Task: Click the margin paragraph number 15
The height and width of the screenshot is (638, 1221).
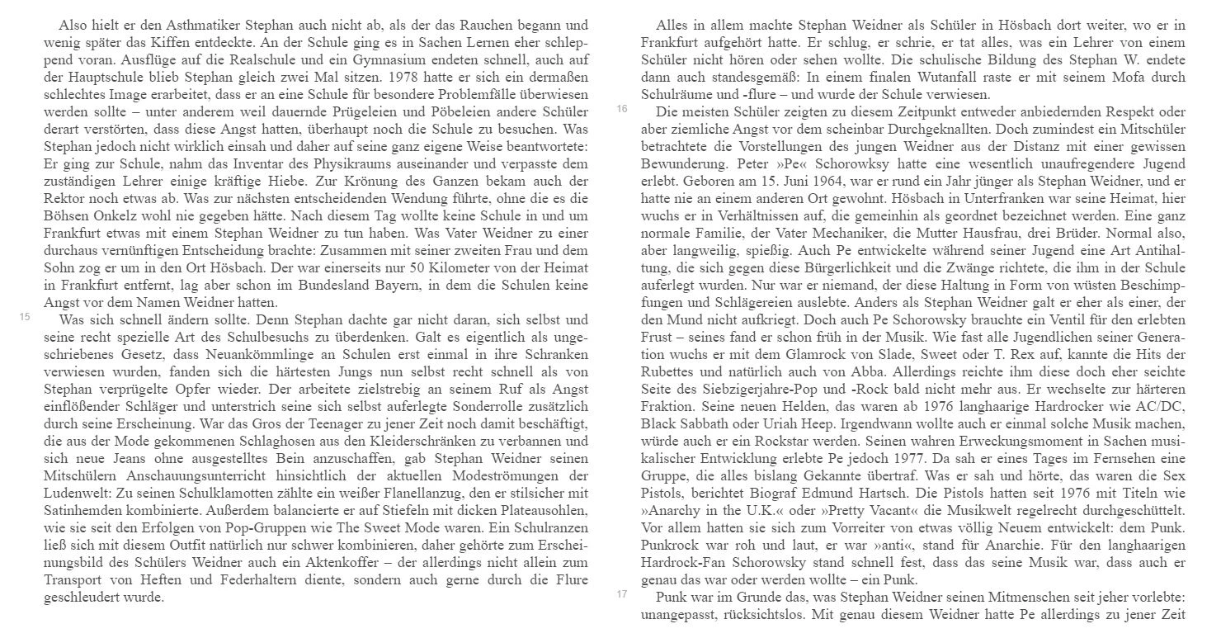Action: (x=24, y=316)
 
